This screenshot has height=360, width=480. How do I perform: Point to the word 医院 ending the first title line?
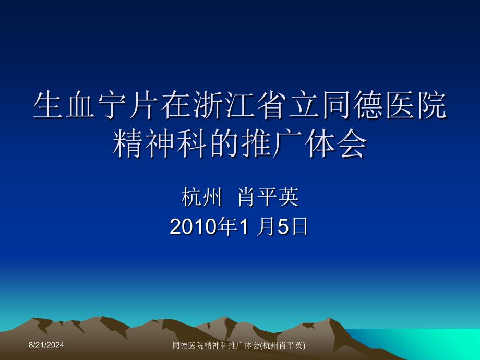tap(412, 106)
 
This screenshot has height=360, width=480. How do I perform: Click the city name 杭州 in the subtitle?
tap(198, 198)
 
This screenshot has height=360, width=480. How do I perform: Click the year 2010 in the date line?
tap(193, 227)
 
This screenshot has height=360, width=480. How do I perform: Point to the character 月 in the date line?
tap(267, 227)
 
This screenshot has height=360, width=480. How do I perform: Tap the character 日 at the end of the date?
tap(299, 227)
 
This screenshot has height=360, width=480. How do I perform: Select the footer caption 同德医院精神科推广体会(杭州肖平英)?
tap(239, 345)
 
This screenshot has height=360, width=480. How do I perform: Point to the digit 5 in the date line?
tap(283, 227)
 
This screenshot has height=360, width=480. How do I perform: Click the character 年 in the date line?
tap(226, 227)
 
